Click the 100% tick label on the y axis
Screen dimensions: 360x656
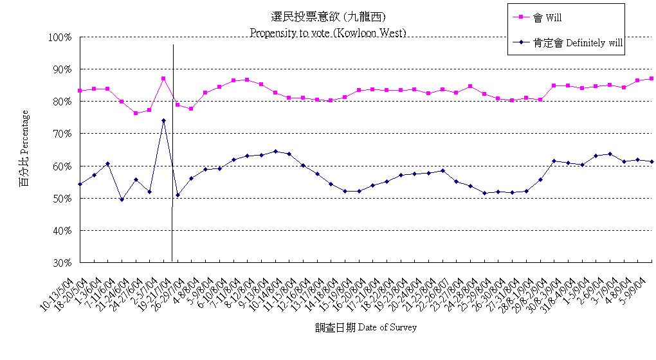pos(59,37)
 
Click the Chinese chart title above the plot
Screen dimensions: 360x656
pos(329,17)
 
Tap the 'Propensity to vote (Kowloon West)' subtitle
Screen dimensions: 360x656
pos(328,32)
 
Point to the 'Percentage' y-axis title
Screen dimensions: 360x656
pos(24,148)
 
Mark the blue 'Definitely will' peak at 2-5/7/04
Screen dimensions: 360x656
pos(163,120)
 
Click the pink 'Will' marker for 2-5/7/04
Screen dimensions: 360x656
pos(163,78)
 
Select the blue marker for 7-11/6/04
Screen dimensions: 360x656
pos(122,199)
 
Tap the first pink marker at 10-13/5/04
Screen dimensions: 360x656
pos(80,91)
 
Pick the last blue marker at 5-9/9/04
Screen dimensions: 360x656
pos(651,161)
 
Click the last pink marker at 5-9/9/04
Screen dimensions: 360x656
pos(651,78)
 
